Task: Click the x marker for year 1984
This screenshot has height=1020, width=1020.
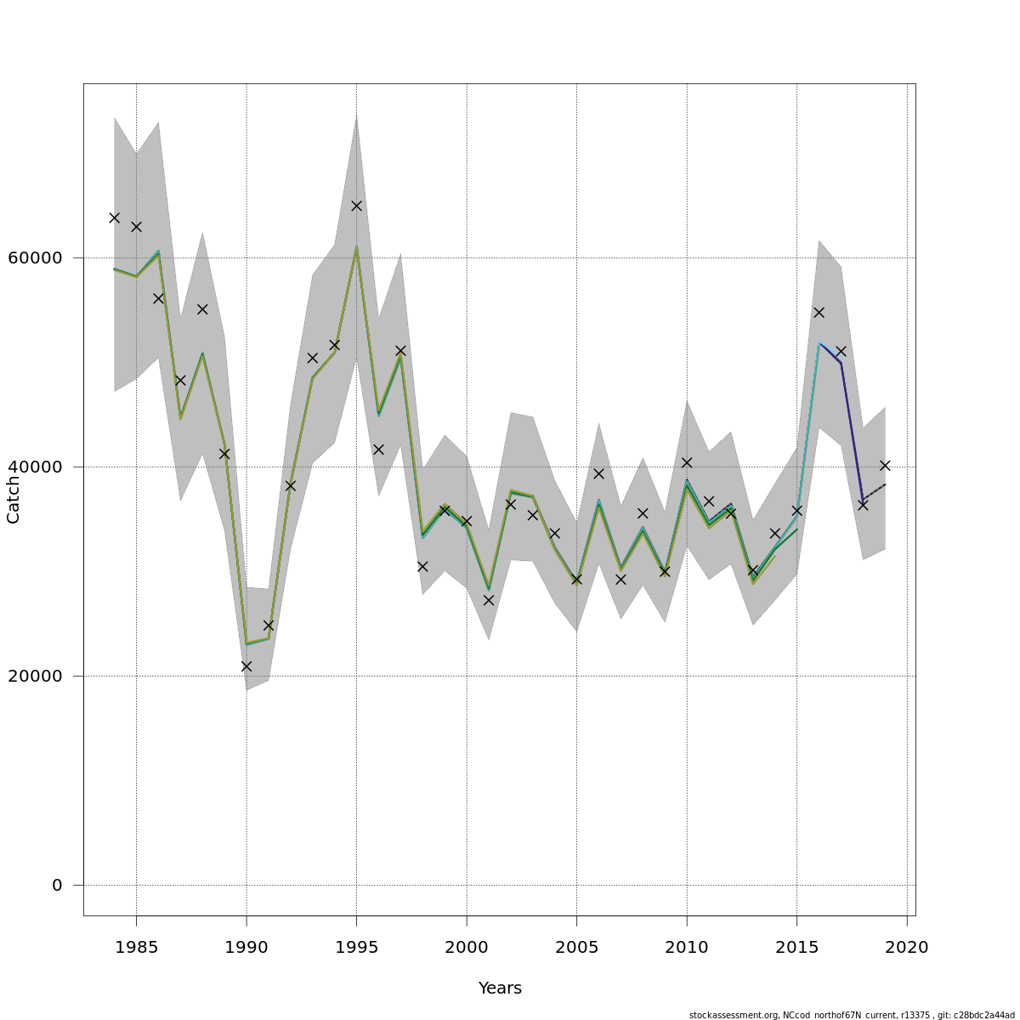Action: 114,218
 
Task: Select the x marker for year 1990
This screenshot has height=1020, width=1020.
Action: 246,666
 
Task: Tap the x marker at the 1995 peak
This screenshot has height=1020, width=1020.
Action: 356,206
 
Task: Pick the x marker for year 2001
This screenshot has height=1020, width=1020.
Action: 489,600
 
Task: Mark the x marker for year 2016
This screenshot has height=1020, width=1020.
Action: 819,313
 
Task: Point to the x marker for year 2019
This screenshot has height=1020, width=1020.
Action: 885,466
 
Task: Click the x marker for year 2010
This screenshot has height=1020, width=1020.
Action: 687,462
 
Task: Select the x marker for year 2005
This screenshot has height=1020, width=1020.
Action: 576,580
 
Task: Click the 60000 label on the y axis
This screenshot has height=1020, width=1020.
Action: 34,258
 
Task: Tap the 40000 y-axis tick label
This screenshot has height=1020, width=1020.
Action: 34,467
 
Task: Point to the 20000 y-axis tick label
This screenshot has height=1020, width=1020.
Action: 34,676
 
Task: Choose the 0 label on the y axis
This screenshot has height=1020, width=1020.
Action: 57,885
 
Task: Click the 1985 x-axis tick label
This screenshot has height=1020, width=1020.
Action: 136,947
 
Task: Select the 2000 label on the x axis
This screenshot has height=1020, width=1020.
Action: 467,947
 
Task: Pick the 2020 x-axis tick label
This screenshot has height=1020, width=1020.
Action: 907,947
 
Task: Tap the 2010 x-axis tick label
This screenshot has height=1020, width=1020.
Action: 687,947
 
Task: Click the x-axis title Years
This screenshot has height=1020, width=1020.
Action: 500,989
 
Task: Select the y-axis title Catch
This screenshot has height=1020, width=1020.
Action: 14,500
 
